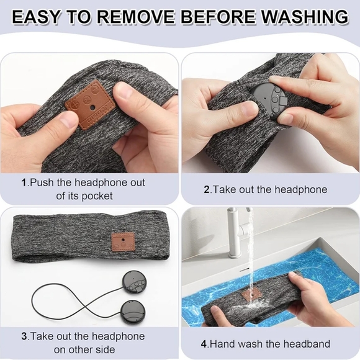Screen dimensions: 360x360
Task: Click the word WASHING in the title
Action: (305, 17)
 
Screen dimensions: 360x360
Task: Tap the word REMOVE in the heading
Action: (137, 17)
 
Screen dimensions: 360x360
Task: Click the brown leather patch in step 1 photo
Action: (90, 104)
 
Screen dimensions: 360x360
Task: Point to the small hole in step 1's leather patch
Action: (92, 107)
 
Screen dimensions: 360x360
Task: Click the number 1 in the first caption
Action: (24, 182)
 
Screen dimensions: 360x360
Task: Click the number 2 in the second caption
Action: (207, 190)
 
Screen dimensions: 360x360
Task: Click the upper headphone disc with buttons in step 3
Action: (134, 282)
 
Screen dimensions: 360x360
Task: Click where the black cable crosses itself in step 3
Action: (86, 307)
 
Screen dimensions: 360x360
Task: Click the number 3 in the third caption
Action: (24, 336)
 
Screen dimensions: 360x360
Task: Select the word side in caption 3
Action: (106, 349)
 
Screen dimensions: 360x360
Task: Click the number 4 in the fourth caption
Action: (204, 344)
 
